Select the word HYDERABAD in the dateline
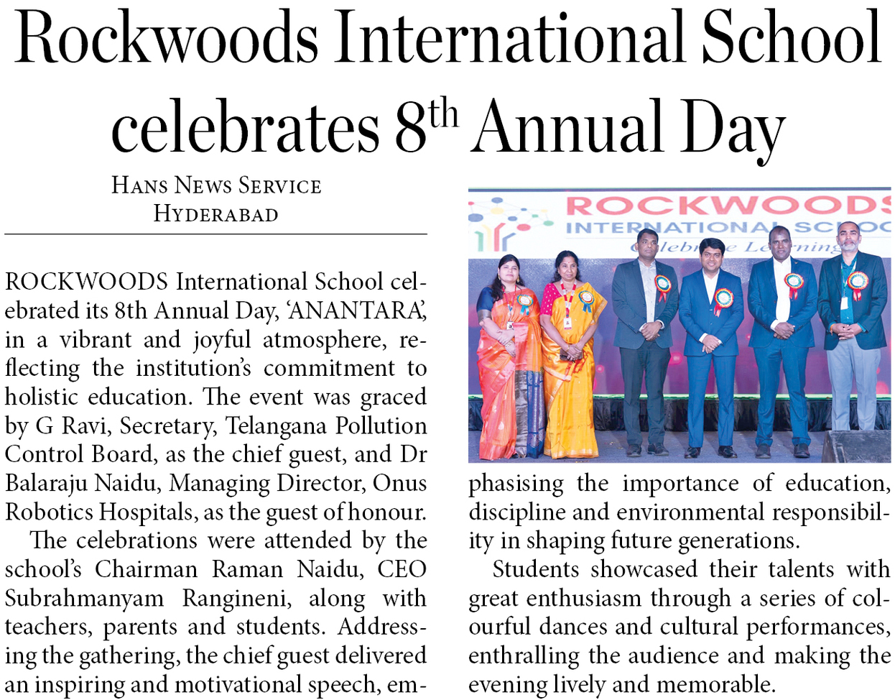click(x=215, y=214)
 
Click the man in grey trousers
click(x=853, y=345)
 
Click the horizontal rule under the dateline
click(x=215, y=234)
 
